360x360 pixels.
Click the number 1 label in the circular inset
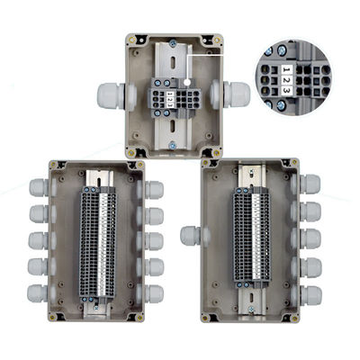(286, 70)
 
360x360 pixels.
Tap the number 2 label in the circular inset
(286, 80)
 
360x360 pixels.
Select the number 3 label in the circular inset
(286, 90)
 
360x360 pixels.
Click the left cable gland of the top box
(111, 95)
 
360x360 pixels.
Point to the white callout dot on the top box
(187, 82)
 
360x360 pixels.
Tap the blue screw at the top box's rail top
(173, 44)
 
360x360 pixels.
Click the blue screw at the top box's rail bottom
(173, 146)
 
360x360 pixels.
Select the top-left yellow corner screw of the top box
(131, 40)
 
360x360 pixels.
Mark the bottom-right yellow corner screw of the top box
(217, 153)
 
